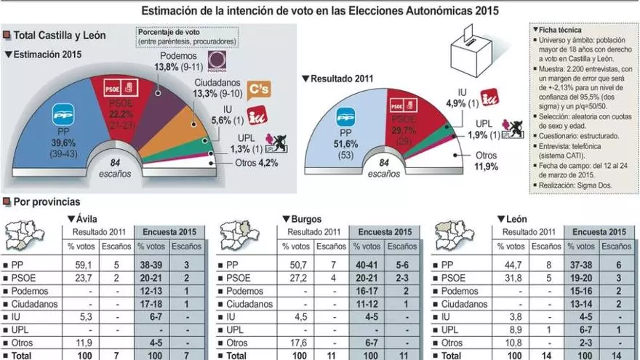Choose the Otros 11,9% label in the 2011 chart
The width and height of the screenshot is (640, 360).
point(487,161)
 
